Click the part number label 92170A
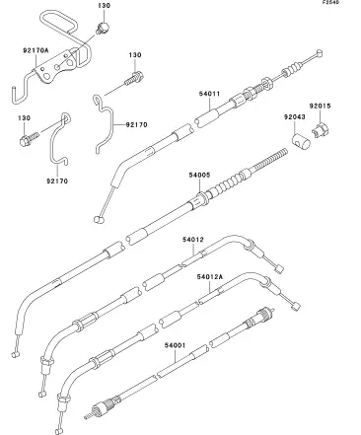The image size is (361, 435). pyautogui.click(x=36, y=50)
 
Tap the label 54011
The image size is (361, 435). pyautogui.click(x=209, y=94)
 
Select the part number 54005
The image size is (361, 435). pyautogui.click(x=199, y=175)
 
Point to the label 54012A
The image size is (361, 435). pyautogui.click(x=210, y=277)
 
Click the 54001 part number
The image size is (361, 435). pyautogui.click(x=175, y=345)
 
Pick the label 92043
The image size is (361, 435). pyautogui.click(x=295, y=116)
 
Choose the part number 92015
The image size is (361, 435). pyautogui.click(x=320, y=106)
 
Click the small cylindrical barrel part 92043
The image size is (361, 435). pyautogui.click(x=301, y=140)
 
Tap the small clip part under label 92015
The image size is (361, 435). pyautogui.click(x=321, y=130)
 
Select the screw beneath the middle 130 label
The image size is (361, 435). pyautogui.click(x=134, y=79)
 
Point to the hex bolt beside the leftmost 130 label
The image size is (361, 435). pyautogui.click(x=29, y=138)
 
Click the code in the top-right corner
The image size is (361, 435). pyautogui.click(x=330, y=2)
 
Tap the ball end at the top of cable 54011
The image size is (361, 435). pyautogui.click(x=319, y=53)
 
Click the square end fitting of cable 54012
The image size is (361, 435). pyautogui.click(x=279, y=269)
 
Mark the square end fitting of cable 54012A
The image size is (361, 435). pyautogui.click(x=296, y=307)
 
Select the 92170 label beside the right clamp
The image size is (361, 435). pyautogui.click(x=136, y=125)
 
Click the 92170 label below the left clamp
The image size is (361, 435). pyautogui.click(x=57, y=181)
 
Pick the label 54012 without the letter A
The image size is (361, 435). pyautogui.click(x=193, y=240)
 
